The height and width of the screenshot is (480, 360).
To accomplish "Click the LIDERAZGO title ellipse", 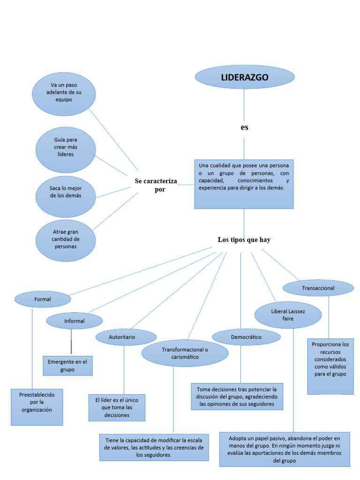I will pos(245,78).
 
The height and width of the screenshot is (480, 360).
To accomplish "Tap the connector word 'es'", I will pos(244,127).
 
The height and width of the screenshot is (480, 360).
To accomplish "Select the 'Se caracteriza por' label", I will pos(156,185).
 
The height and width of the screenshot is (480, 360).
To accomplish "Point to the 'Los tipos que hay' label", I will pos(244,240).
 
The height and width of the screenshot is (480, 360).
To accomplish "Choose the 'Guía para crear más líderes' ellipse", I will pos(66,147).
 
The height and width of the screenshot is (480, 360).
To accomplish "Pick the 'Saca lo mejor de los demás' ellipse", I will pos(66,192).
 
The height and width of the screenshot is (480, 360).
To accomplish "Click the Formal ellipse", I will pos(43,299).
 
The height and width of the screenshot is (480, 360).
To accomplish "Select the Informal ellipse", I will pos(74,321).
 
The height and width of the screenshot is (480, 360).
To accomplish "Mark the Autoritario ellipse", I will pos(126,337).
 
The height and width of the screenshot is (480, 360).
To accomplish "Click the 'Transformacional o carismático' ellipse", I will pos(185,353).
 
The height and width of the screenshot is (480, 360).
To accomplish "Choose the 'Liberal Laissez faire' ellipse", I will pos(288,315).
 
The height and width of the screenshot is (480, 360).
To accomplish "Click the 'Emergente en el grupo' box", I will pos(67,366).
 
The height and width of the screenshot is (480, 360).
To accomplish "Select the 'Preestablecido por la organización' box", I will pos(37,406).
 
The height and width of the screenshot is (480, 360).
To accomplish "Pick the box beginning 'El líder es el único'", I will pos(117,407).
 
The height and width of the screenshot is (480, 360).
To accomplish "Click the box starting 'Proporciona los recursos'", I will pos(330,366).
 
